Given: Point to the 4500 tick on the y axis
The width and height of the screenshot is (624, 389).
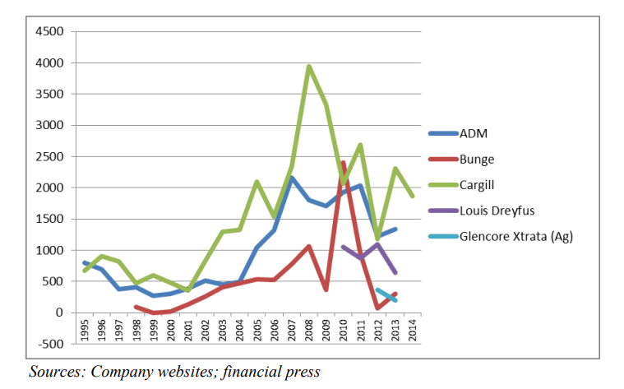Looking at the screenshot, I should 49,31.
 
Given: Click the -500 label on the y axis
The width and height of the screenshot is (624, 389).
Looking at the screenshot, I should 50,344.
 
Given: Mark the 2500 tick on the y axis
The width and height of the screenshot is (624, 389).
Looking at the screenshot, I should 49,156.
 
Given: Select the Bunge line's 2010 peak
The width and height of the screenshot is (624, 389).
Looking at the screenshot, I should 343,163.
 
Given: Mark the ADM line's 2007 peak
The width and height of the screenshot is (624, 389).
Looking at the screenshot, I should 292,178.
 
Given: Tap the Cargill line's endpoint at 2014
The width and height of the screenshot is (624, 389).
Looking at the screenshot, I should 412,196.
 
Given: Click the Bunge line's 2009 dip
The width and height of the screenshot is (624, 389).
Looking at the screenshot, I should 326,289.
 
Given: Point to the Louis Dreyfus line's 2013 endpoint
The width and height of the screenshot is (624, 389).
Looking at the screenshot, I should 395,272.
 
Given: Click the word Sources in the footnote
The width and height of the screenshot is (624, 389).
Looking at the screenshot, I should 56,372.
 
